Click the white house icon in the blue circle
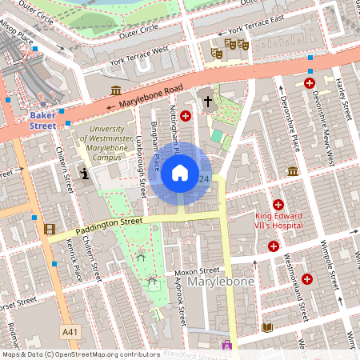pyautogui.click(x=180, y=173)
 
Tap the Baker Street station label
pyautogui.click(x=43, y=120)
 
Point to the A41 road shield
pyautogui.click(x=70, y=331)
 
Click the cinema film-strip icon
pyautogui.click(x=50, y=230)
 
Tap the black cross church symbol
pyautogui.click(x=208, y=102)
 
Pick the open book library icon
pyautogui.click(x=267, y=327)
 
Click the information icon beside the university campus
pyautogui.click(x=85, y=173)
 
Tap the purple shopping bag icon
pyautogui.click(x=227, y=346)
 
